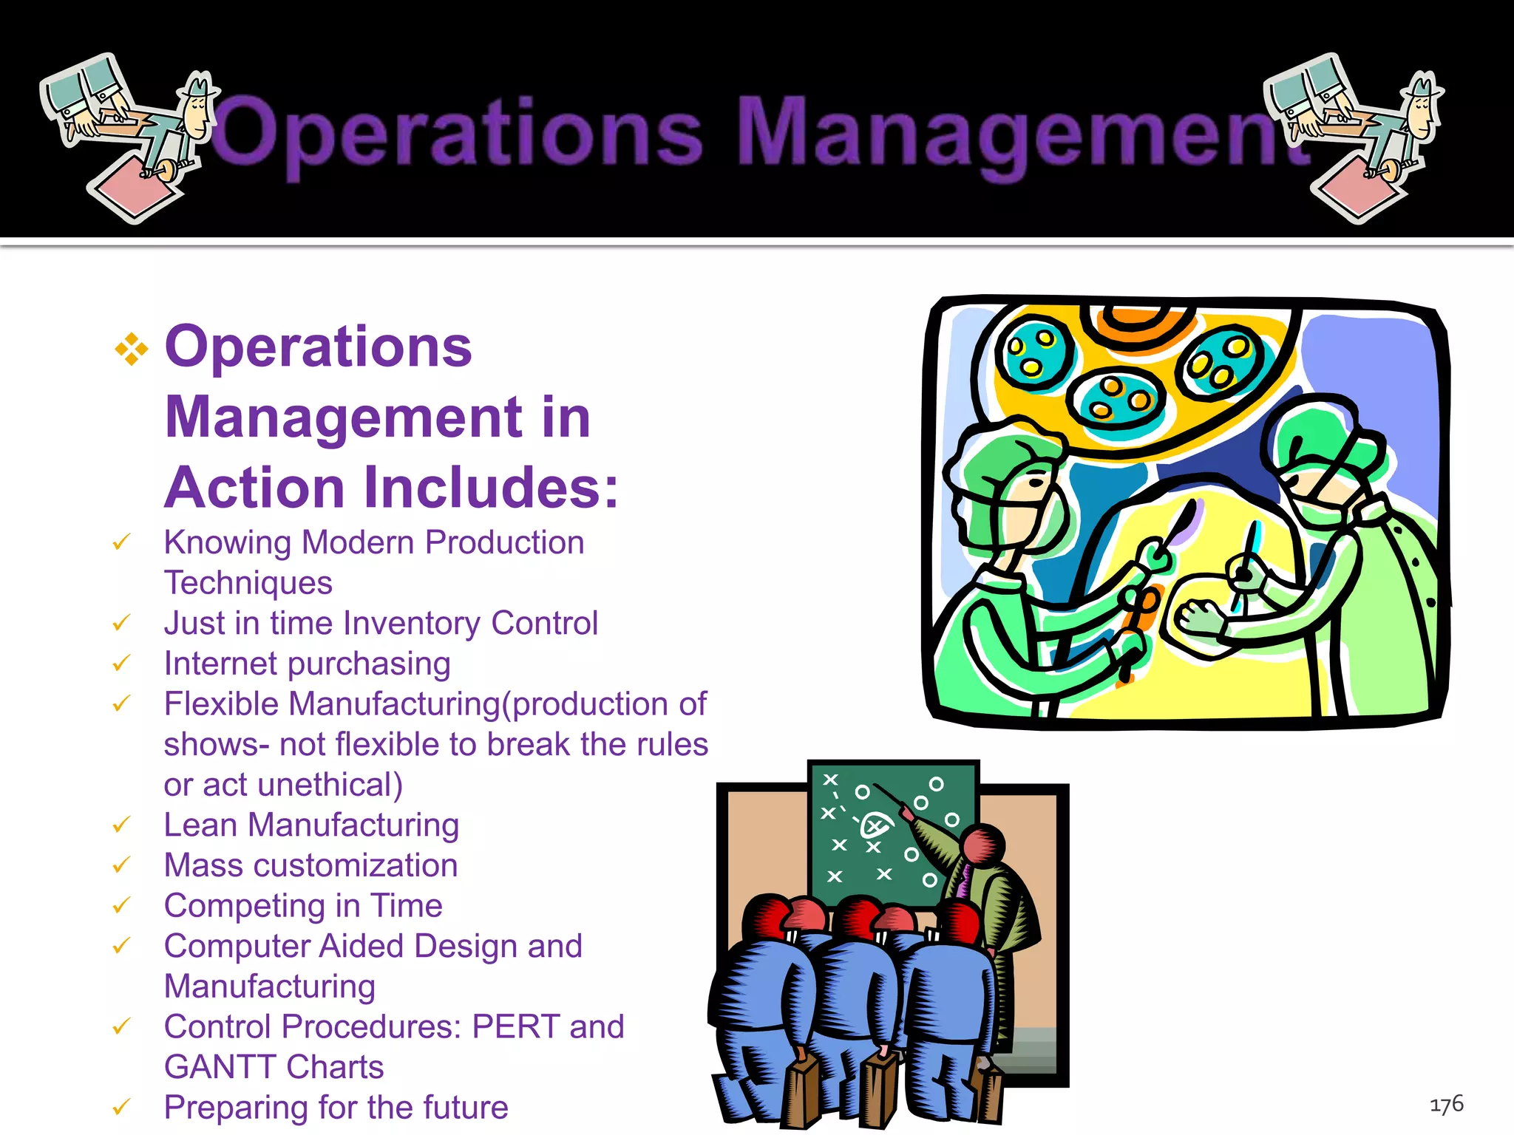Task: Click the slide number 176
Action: (1446, 1105)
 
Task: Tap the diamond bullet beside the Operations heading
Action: (132, 349)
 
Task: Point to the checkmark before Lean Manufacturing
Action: (121, 825)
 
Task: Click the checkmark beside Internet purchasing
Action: (121, 664)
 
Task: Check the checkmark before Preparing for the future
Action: (121, 1108)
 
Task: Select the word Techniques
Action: (248, 583)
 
